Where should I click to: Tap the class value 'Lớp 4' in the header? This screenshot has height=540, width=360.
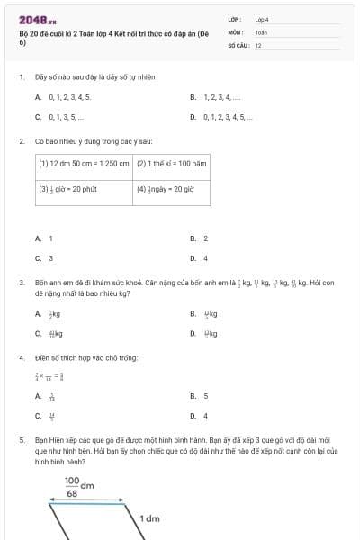[x=262, y=19]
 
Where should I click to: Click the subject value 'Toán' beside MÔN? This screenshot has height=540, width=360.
[x=261, y=31]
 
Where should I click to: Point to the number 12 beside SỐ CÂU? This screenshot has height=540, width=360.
[x=259, y=44]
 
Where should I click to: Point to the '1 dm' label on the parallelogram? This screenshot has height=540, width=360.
[x=149, y=519]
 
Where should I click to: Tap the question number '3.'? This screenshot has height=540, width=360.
[x=21, y=283]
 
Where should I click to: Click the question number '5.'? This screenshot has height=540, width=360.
[x=21, y=440]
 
